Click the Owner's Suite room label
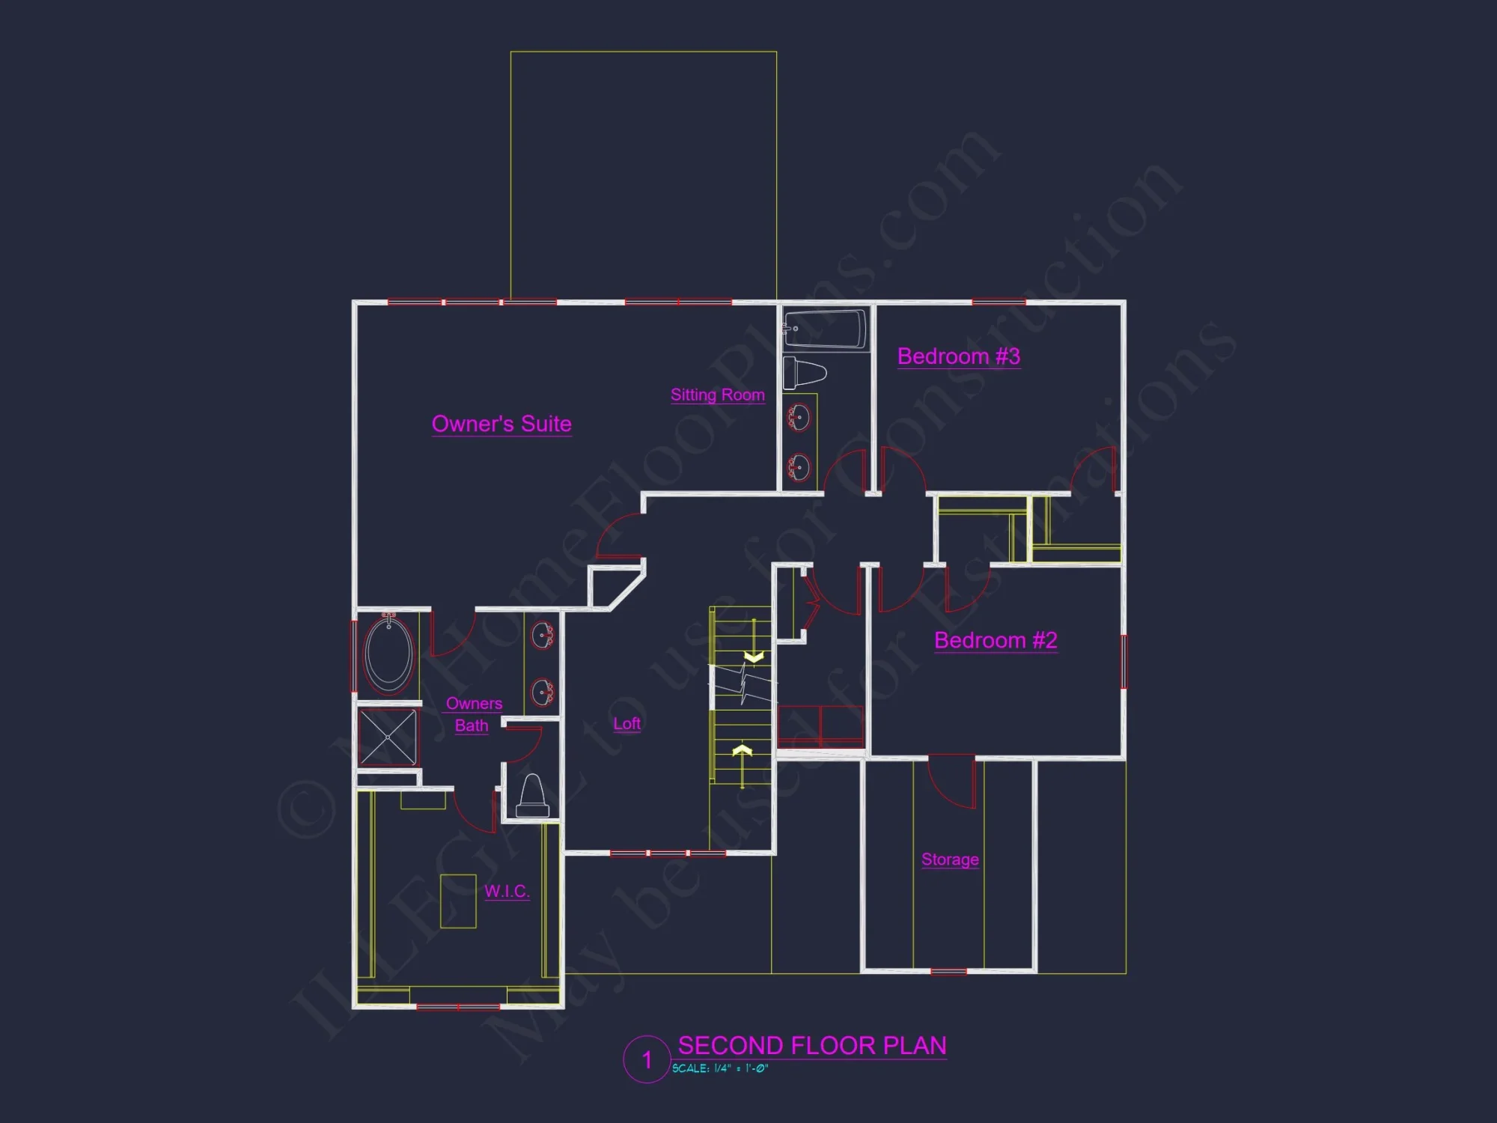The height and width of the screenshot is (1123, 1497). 501,424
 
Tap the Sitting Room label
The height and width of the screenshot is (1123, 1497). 717,395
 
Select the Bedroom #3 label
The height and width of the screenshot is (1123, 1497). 958,356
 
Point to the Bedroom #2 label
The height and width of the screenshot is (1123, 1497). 996,640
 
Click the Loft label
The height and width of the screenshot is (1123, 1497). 626,723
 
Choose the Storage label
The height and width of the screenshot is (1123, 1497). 950,859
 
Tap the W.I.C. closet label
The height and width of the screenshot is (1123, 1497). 507,891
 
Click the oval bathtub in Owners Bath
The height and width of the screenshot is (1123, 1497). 388,654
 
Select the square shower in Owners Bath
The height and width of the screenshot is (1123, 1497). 388,737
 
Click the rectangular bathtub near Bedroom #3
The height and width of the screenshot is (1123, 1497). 826,328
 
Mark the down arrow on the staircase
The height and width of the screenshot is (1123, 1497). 754,657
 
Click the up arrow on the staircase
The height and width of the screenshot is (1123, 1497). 742,750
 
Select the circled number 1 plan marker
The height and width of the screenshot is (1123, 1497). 647,1059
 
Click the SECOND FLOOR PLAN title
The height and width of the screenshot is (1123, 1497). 811,1045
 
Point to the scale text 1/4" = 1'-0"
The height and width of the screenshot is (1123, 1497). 720,1068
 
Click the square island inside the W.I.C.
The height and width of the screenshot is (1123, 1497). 458,901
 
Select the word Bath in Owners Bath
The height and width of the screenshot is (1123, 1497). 472,725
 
